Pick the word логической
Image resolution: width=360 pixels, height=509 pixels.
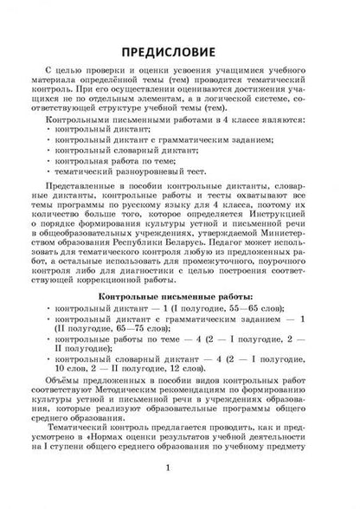coord(241,102)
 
